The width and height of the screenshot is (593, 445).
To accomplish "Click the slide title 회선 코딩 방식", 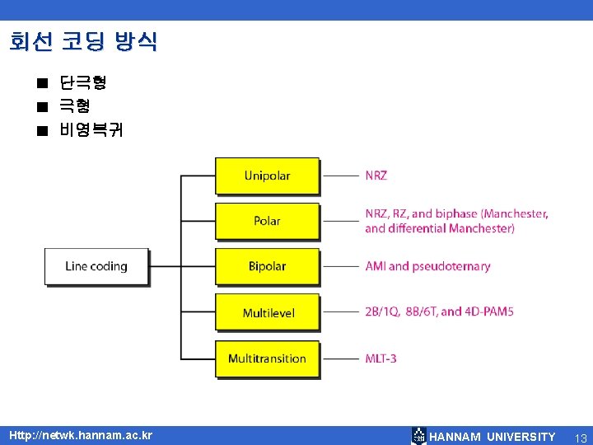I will pos(83,41).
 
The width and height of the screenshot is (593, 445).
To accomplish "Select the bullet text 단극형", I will pos(82,82).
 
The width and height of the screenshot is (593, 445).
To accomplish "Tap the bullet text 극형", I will pos(74,105).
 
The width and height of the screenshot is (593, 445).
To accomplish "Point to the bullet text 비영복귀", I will pos(91,129).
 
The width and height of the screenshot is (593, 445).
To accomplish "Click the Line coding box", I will pos(96,266).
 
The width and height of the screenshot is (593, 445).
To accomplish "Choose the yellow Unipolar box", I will pos(267,176).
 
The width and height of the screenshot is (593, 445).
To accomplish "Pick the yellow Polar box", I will pos(267,221).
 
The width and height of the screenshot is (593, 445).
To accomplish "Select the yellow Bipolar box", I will pos(267,266).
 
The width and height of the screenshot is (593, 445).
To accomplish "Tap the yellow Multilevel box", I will pos(267,312).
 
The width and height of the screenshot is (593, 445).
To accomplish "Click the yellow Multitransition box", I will pos(267,358).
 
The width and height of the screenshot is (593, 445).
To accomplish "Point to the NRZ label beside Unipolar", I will pos(376,176).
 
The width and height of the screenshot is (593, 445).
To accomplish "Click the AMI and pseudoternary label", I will pos(427,266).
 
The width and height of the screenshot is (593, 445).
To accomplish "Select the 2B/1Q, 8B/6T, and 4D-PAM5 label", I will pos(439,311).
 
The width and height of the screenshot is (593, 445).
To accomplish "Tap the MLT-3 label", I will pos(381,358).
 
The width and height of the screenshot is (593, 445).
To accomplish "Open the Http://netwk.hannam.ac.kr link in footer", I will pos(80,435).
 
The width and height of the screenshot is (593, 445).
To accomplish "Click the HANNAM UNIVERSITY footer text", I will pos(493,437).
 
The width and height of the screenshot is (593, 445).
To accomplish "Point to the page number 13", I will pos(580,437).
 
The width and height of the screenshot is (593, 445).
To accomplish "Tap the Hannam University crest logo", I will pos(419,436).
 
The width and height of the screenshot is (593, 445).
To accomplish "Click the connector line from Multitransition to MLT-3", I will pos(340,358).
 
